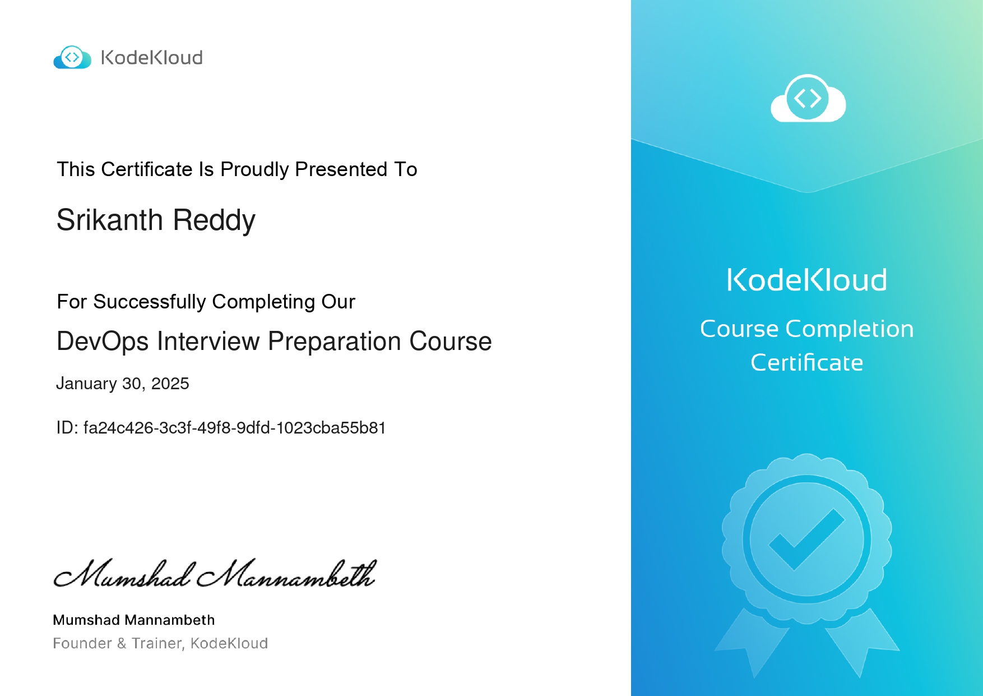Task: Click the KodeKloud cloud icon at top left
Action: [72, 57]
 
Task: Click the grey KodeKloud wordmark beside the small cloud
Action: [151, 57]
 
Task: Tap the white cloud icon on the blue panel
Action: [808, 98]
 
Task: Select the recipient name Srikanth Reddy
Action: [156, 220]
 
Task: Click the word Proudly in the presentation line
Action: [254, 169]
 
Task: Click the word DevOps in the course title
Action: [103, 342]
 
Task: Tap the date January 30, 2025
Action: [123, 384]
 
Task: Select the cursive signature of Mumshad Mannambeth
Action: [215, 573]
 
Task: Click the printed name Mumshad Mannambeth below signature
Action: [134, 620]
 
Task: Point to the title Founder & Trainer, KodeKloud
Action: [160, 643]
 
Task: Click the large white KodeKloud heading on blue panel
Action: [807, 280]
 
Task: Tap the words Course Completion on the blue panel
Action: [807, 329]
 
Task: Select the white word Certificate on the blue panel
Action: [807, 363]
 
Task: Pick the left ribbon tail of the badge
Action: [752, 642]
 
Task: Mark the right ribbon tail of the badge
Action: [862, 642]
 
